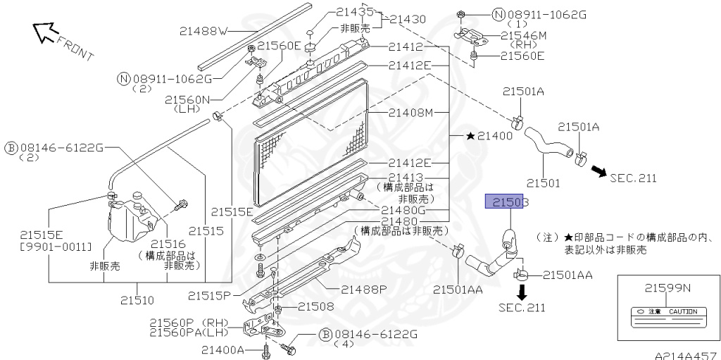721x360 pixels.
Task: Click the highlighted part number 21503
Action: point(506,202)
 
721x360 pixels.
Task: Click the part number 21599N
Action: point(668,287)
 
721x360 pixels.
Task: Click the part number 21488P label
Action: point(364,289)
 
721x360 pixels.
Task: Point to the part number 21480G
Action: point(403,210)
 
